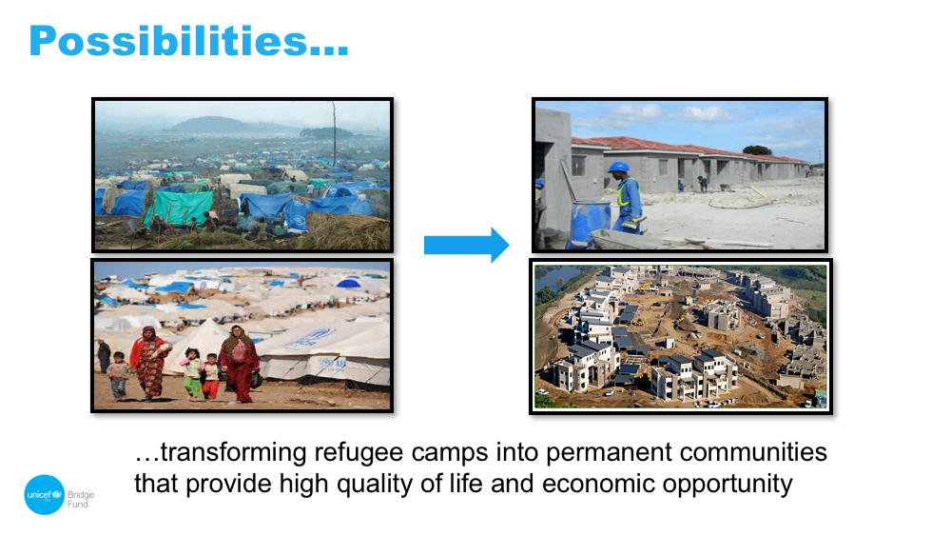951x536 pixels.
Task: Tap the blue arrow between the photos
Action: pos(466,246)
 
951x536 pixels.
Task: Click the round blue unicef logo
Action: pos(45,495)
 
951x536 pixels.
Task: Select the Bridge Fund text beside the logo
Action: pos(81,499)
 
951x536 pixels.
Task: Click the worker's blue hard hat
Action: pos(618,168)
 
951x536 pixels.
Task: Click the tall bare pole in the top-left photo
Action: pos(334,134)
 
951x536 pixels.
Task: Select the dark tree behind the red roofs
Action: pos(757,150)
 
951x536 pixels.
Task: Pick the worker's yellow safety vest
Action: pos(625,191)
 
